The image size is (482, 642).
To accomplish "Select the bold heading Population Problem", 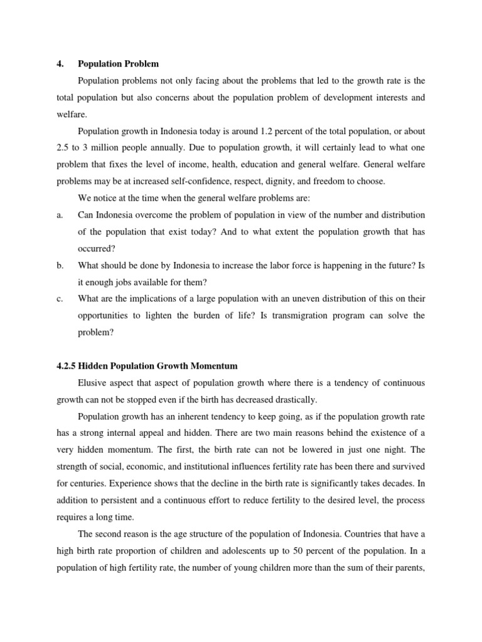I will click(x=118, y=64).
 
